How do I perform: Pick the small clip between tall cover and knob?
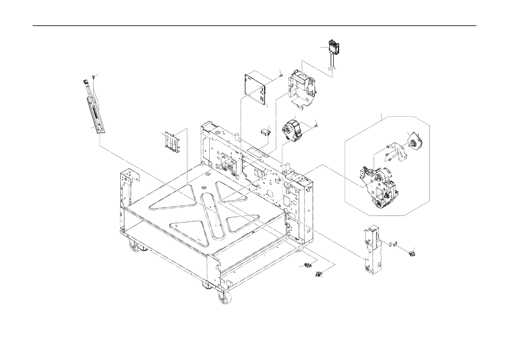(x=394, y=244)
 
